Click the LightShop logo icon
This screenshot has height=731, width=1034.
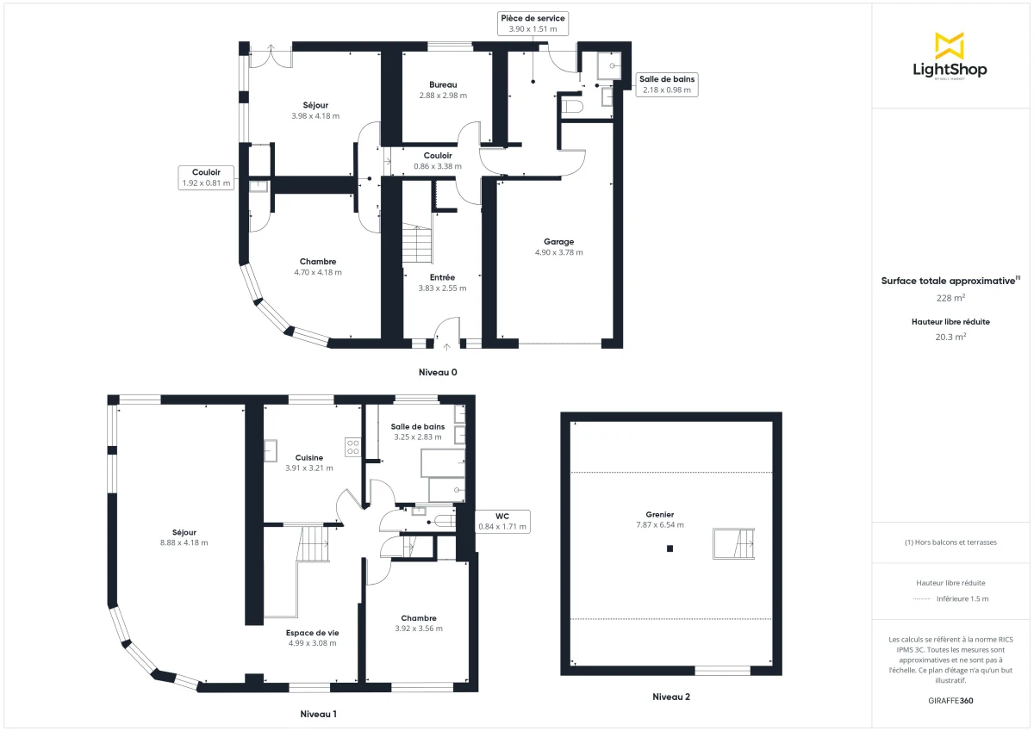coord(950,46)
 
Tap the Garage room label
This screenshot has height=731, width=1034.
coord(558,242)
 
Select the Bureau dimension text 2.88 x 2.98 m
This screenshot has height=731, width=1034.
coord(442,96)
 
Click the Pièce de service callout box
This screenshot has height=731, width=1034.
coord(533,23)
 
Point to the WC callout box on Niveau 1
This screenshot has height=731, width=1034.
coord(501,521)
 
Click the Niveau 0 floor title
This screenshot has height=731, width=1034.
coord(438,373)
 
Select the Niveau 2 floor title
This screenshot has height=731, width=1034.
coord(670,697)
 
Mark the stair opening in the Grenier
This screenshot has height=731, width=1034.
coord(733,543)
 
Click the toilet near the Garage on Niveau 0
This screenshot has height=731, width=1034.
coord(571,106)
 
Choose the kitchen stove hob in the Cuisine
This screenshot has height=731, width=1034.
coord(353,447)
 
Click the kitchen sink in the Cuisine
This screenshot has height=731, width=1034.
coord(271,449)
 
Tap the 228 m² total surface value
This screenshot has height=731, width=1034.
coord(950,298)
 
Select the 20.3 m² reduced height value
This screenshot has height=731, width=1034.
coord(950,338)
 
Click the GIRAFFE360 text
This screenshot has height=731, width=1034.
coord(950,701)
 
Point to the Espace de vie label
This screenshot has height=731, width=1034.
coord(312,633)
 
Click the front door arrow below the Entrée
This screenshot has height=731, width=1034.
coord(446,347)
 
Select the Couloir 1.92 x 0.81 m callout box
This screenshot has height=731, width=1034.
coord(206,177)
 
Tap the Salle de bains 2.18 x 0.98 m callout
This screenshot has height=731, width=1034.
coord(667,84)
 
